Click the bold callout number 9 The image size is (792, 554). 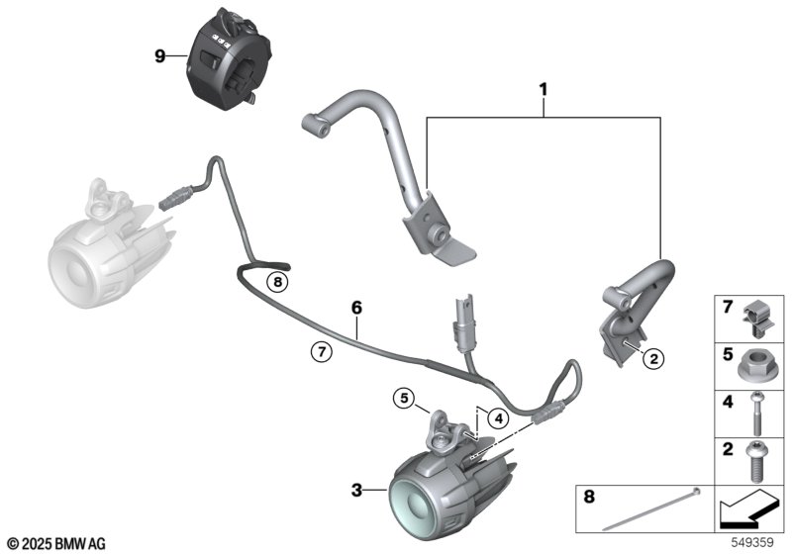160,56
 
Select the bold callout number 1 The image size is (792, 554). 544,90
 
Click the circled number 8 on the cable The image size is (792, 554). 278,282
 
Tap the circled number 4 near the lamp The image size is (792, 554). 499,417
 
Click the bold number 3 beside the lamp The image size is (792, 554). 356,488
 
